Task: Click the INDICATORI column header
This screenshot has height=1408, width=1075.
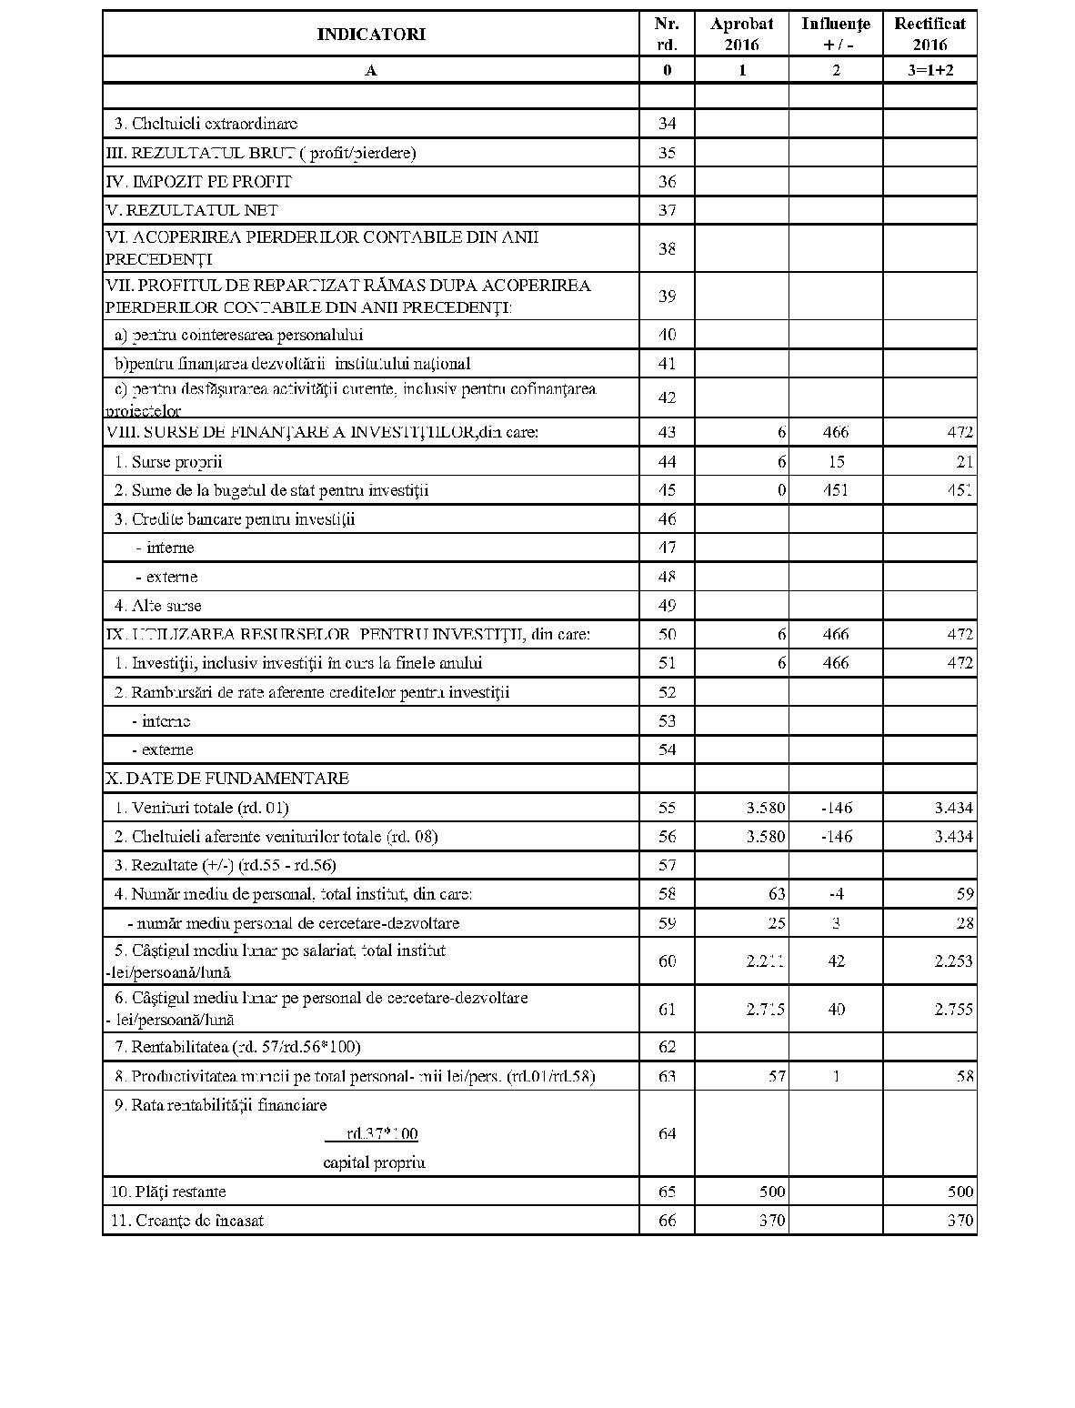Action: pos(371,35)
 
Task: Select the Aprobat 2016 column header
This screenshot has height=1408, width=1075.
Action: pos(742,35)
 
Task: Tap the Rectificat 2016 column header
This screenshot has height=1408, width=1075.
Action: pos(929,35)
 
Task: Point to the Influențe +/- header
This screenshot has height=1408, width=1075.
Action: pos(835,35)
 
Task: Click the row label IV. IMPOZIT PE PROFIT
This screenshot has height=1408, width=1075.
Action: pos(199,182)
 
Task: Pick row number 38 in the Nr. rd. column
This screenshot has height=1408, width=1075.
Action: pos(667,248)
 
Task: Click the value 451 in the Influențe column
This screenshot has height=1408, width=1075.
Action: pos(835,490)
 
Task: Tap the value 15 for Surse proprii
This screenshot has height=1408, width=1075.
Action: pos(836,462)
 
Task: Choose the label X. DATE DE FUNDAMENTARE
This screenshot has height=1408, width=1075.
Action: pos(227,779)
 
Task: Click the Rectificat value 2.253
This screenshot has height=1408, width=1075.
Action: pos(953,961)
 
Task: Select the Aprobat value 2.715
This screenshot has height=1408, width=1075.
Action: pos(766,1009)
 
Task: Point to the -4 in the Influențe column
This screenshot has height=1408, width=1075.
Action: pos(837,894)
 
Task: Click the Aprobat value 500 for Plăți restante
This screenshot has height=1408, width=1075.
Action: pos(771,1192)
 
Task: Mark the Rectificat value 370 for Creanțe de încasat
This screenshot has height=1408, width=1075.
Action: pos(959,1221)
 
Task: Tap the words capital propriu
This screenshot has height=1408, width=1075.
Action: pos(374,1162)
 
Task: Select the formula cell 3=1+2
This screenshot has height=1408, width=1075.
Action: pos(929,70)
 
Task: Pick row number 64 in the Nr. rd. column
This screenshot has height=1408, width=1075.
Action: pos(667,1133)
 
